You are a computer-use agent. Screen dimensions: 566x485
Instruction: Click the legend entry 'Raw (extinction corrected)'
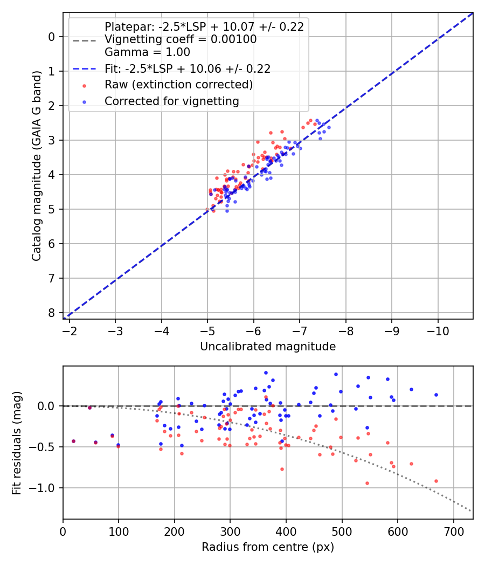tap(178, 85)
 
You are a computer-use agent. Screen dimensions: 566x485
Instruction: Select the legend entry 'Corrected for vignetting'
tap(171, 101)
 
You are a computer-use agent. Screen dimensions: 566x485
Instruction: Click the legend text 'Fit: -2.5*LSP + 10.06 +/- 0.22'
tap(187, 68)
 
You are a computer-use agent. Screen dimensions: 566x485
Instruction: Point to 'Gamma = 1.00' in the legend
tap(147, 52)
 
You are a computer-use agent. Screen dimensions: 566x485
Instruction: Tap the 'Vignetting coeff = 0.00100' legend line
tap(181, 39)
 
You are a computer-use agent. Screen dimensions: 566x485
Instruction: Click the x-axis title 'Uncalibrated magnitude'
tap(268, 347)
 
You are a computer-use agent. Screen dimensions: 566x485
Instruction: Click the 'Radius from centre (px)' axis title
tap(268, 547)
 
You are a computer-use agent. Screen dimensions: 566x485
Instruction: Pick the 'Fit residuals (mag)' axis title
tap(17, 443)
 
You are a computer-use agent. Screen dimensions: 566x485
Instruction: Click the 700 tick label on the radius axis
tap(453, 531)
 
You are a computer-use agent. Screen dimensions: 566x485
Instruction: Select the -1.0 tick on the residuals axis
tap(45, 488)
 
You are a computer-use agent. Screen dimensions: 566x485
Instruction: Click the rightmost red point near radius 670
tap(436, 481)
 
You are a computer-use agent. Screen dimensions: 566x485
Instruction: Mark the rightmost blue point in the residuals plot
tap(436, 395)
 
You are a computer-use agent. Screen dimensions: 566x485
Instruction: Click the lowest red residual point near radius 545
tap(367, 483)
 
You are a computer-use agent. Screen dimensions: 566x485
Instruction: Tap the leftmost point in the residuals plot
tap(73, 441)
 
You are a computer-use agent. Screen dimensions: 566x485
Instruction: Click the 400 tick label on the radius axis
tap(286, 531)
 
